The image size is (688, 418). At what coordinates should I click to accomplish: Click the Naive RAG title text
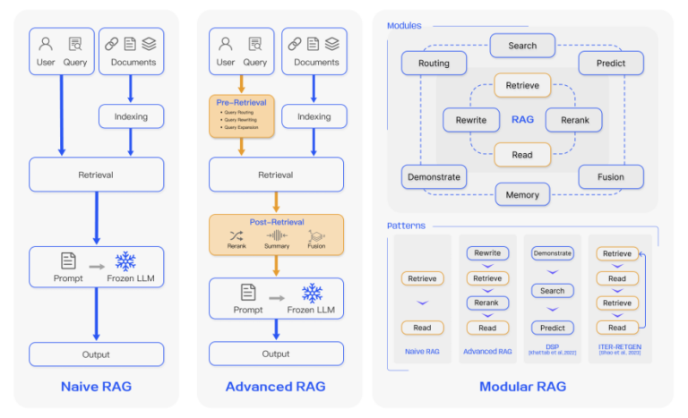tap(96, 387)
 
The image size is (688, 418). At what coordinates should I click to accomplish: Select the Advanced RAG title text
tap(276, 387)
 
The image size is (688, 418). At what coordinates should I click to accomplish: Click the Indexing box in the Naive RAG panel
tap(131, 116)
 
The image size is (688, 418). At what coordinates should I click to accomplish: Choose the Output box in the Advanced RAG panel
tap(275, 354)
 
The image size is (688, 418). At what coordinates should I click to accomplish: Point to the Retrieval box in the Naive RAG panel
tap(96, 175)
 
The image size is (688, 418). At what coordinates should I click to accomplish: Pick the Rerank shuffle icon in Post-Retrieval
tap(236, 235)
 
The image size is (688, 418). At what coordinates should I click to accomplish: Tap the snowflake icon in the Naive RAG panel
tap(125, 260)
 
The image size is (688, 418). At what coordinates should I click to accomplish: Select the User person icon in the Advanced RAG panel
tap(226, 43)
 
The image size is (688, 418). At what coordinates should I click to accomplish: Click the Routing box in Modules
tap(434, 64)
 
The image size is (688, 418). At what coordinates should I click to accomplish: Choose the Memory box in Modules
tap(522, 194)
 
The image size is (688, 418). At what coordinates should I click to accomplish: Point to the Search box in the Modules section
tap(522, 46)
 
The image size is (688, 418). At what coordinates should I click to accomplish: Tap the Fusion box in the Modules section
tap(611, 176)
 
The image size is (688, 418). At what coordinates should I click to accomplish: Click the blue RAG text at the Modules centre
tap(522, 119)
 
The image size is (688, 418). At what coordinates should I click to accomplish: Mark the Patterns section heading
tap(406, 226)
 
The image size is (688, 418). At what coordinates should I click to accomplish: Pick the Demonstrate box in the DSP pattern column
tap(552, 253)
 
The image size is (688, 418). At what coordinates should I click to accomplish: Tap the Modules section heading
tap(404, 26)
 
